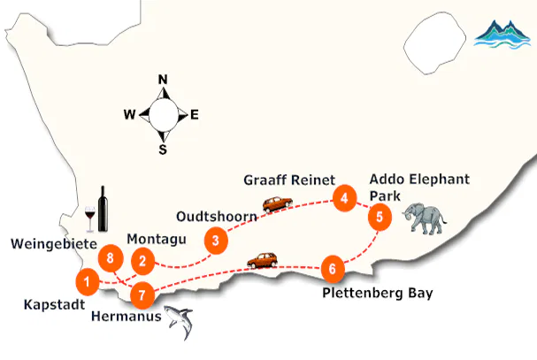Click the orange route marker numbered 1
pos(87,282)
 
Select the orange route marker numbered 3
pos(214,239)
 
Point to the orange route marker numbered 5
pos(379,216)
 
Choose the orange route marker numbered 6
pos(332,267)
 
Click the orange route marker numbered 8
pos(110,259)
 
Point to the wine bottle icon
pos(103,209)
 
